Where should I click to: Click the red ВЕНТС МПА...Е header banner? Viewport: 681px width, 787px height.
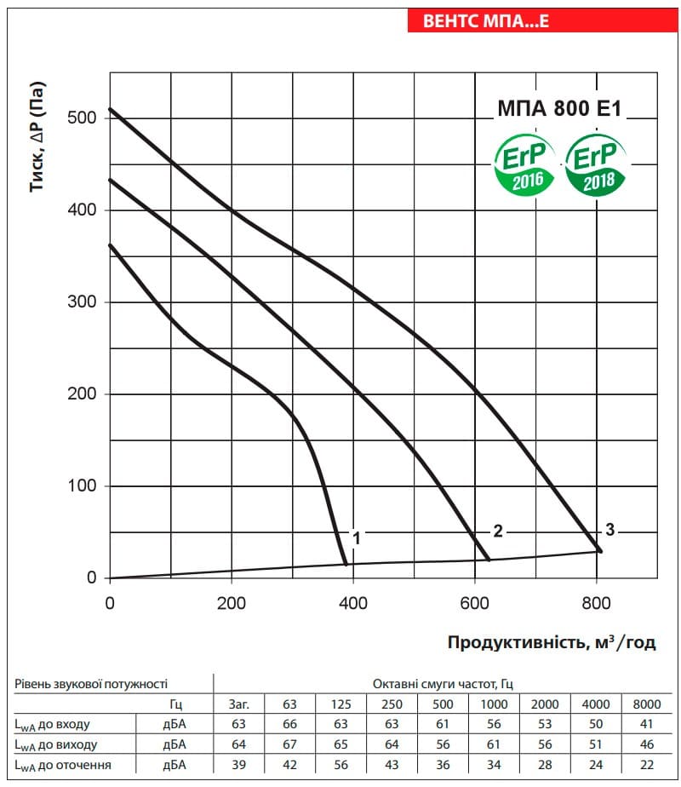pos(542,20)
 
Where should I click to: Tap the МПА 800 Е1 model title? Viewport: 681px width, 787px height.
pos(559,108)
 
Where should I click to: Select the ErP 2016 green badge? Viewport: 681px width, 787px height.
pos(524,164)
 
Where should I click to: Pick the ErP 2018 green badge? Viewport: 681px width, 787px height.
pos(595,164)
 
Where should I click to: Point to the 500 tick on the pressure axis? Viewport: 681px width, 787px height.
pos(82,118)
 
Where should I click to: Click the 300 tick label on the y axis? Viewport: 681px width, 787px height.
pos(82,302)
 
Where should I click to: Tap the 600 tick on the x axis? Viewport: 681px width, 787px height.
pos(474,603)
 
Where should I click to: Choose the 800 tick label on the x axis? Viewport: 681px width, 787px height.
pos(596,603)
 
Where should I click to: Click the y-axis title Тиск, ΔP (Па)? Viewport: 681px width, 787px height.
pos(37,136)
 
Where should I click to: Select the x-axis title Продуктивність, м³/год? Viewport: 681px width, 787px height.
pos(552,642)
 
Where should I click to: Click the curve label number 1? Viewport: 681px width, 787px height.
pos(356,538)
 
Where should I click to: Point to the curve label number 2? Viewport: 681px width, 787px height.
pos(497,531)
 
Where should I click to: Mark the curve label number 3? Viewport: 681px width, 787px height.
pos(609,530)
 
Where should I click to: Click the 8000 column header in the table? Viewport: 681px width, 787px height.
pos(646,704)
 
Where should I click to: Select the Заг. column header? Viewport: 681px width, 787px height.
pos(238,704)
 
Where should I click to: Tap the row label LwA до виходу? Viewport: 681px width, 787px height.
pos(55,744)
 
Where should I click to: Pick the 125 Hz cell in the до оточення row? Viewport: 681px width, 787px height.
pos(340,765)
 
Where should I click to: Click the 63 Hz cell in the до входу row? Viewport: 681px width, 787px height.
pos(290,724)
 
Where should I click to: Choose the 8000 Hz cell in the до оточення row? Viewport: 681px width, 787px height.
pos(646,765)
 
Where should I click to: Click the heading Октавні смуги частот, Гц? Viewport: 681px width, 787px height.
pos(443,684)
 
